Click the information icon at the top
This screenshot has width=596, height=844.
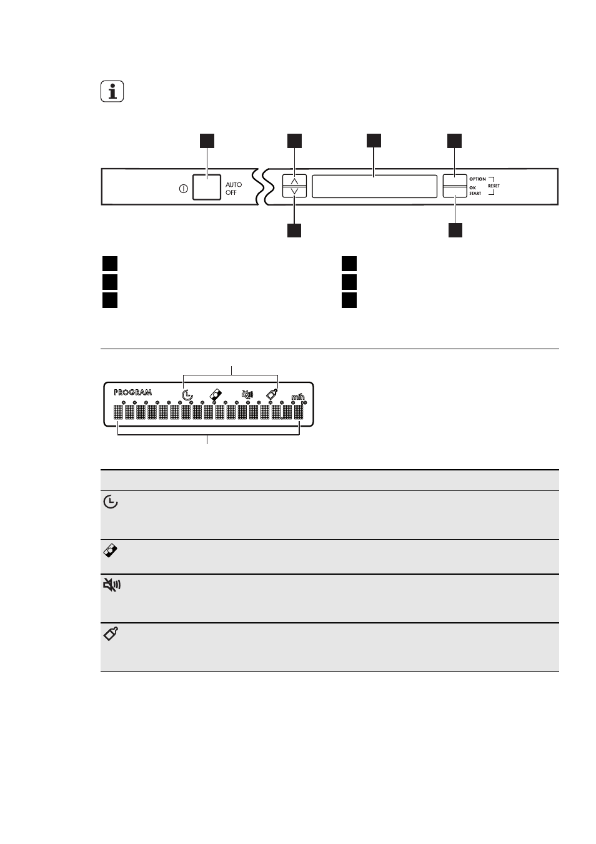pos(112,91)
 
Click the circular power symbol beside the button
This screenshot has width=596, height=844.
pos(183,189)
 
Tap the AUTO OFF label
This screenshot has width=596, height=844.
pos(234,189)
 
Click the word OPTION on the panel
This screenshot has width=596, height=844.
pos(477,179)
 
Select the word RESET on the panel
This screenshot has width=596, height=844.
pos(494,186)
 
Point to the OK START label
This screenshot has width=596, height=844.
pos(475,191)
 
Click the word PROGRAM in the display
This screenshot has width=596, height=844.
pos(132,392)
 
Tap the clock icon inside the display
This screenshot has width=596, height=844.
pos(187,395)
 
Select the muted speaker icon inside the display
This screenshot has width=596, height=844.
pos(247,394)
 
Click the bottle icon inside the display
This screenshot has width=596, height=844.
pos(272,394)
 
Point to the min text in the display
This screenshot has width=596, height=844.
pos(297,397)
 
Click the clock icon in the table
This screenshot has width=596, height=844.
pos(111,502)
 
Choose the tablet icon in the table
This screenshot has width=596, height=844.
pos(110,550)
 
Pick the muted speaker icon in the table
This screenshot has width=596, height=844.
pos(111,585)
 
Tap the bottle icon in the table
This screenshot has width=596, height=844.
pos(111,633)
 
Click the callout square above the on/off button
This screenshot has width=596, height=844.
pos(207,141)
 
